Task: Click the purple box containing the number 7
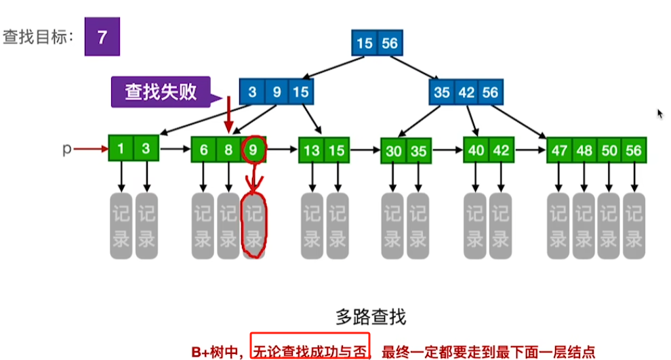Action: (102, 37)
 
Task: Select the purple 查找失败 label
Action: (161, 91)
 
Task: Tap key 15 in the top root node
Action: (365, 43)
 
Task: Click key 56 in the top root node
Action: (389, 43)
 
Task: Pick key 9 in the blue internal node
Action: (277, 92)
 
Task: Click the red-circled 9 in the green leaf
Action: (253, 150)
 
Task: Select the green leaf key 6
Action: (204, 150)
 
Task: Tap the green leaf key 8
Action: (229, 150)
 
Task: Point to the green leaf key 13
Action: (312, 150)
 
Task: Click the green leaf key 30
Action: (394, 151)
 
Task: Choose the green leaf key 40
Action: (476, 150)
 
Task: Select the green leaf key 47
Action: (559, 150)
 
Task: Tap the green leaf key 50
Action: (609, 150)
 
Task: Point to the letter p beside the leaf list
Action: (66, 149)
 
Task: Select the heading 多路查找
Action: (371, 316)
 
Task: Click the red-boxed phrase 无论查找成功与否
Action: (310, 351)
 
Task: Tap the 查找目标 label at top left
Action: (38, 37)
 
